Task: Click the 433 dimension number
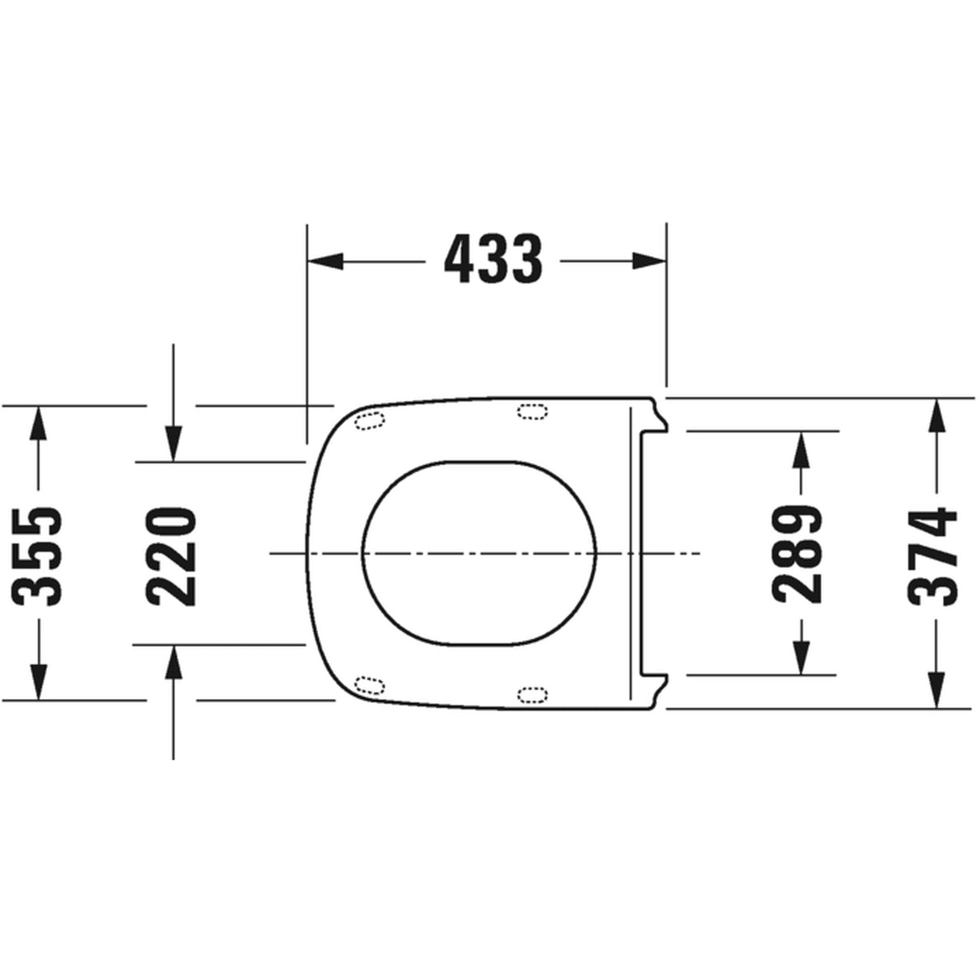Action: [x=493, y=260]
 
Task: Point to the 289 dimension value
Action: [x=798, y=554]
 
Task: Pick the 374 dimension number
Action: [x=933, y=555]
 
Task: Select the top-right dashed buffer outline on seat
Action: [x=531, y=412]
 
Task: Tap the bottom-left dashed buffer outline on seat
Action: [x=371, y=686]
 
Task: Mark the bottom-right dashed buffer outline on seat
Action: [x=531, y=694]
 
